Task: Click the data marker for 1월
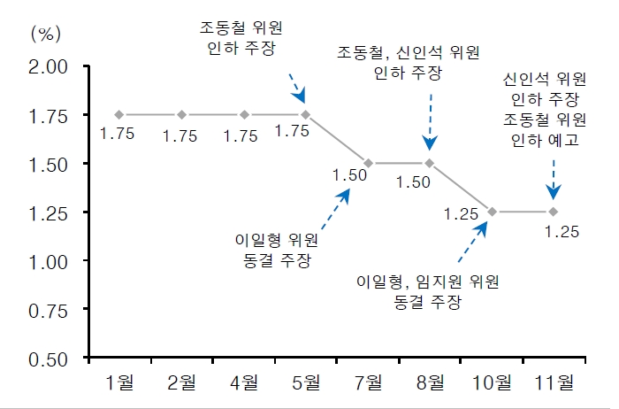[119, 114]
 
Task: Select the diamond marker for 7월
[368, 163]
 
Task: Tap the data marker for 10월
[492, 212]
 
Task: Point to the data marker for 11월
[554, 212]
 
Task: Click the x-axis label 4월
[243, 382]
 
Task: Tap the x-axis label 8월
[429, 382]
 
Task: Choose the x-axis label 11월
[554, 382]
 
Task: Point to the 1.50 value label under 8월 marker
[413, 182]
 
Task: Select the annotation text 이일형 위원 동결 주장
[277, 249]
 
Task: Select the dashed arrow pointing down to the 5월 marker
[297, 88]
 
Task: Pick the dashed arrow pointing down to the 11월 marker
[554, 177]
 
